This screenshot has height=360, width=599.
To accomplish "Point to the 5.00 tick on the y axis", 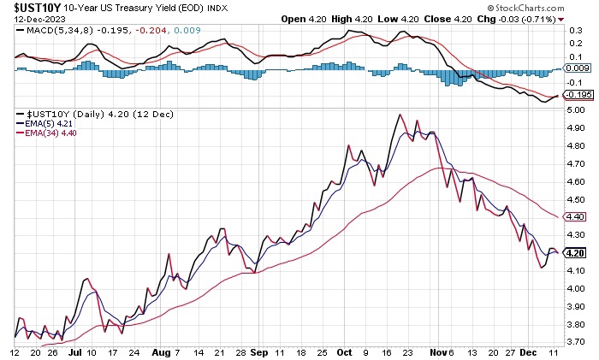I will (576, 109).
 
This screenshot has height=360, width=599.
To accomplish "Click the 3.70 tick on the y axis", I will (576, 342).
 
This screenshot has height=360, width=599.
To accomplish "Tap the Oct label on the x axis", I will (345, 351).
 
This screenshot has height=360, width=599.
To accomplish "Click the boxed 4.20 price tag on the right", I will (576, 253).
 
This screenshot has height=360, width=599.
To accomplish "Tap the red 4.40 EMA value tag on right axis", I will (576, 217).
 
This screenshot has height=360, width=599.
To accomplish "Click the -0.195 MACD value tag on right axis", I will (578, 95).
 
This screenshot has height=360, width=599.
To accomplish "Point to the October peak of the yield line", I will (400, 115).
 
